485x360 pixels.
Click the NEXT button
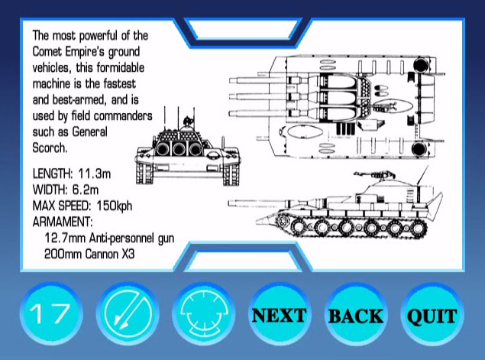coord(280,314)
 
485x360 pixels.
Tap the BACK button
coord(356,314)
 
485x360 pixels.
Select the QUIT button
coord(432,314)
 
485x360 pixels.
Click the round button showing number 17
coord(51,314)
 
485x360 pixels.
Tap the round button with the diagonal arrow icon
coord(128,314)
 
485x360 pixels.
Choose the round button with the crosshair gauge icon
coord(203,314)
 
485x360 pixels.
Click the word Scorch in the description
coord(49,148)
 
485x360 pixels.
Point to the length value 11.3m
coord(95,174)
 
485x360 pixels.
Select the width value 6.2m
coord(86,190)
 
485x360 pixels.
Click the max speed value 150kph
coord(115,206)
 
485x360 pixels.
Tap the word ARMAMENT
coord(62,222)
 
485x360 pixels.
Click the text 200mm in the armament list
coord(63,254)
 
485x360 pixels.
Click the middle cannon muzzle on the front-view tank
coord(179,150)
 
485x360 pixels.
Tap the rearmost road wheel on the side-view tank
coord(418,228)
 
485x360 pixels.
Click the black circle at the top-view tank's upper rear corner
coord(420,65)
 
